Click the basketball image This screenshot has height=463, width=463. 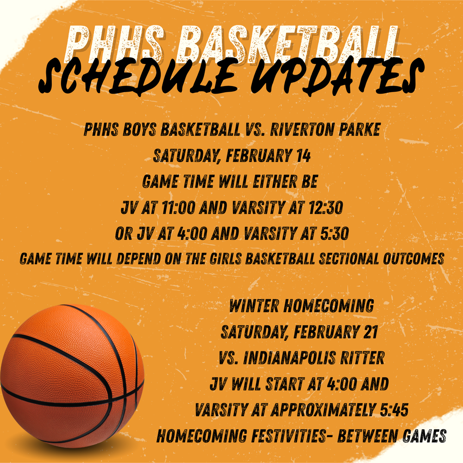72,375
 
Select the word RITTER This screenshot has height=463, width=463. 366,358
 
